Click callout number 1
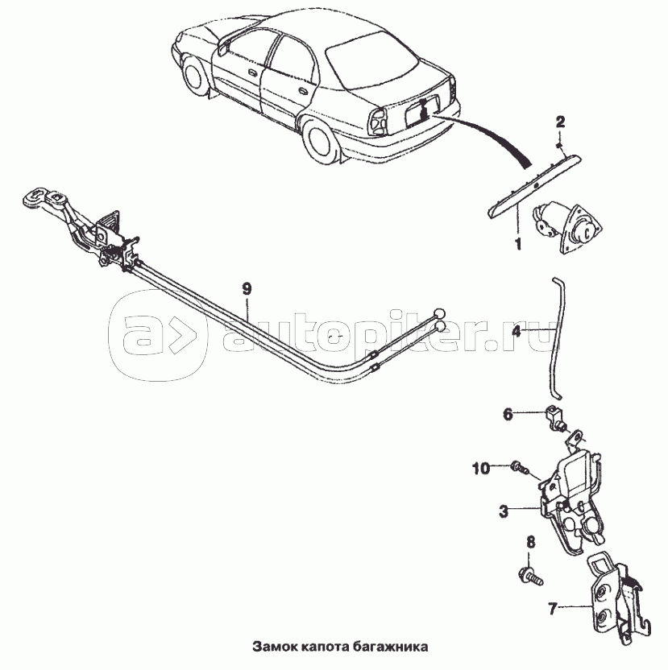point(518,244)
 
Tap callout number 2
point(560,122)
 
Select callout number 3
point(504,511)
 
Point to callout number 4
point(517,331)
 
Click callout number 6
point(508,414)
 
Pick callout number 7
point(553,608)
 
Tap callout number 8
point(530,542)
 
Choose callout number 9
point(247,289)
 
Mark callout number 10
point(481,469)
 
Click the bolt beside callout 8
point(530,575)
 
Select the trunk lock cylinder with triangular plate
point(565,226)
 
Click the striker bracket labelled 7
point(618,599)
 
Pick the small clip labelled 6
point(554,418)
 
